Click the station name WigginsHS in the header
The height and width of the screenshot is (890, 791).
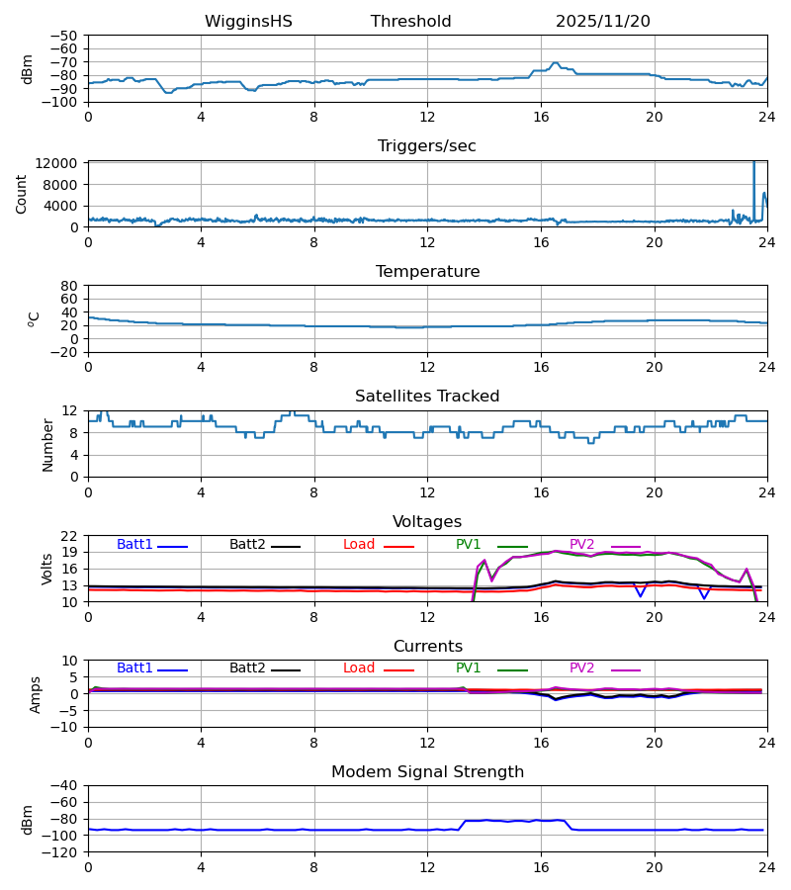click(x=248, y=22)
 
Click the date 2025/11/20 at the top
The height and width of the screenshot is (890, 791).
click(x=603, y=22)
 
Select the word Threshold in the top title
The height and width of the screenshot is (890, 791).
click(x=411, y=22)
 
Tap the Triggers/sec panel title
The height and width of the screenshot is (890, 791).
click(x=427, y=146)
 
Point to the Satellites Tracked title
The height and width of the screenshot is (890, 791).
click(x=427, y=397)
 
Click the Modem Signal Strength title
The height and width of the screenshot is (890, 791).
click(x=427, y=772)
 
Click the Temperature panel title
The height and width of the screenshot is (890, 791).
click(x=427, y=272)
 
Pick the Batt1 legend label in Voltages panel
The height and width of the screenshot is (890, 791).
click(x=135, y=545)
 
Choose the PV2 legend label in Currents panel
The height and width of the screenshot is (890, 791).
click(x=582, y=668)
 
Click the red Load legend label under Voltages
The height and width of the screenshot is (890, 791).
click(x=359, y=545)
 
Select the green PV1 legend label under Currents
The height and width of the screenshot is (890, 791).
click(x=469, y=668)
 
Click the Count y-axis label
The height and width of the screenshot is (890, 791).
click(x=22, y=194)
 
